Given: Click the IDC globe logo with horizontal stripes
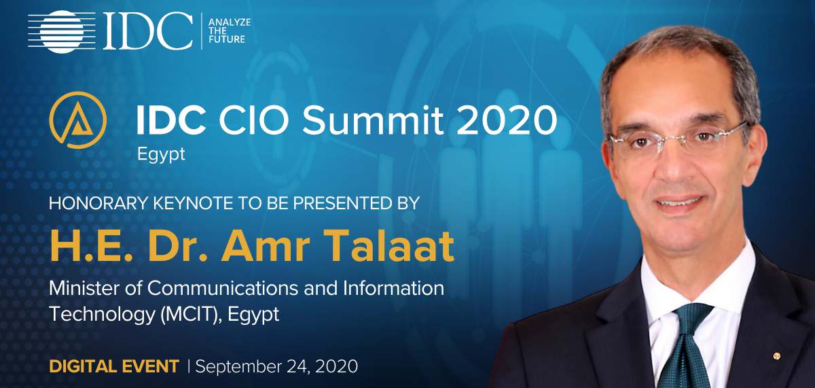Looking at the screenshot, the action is pyautogui.click(x=62, y=32).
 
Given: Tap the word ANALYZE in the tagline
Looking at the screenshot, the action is pyautogui.click(x=230, y=22).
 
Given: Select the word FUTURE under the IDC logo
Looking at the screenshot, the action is pyautogui.click(x=227, y=39).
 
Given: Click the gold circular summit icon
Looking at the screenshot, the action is pyautogui.click(x=78, y=120).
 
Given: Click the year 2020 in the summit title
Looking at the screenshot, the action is pyautogui.click(x=506, y=120).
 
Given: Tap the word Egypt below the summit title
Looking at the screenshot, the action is pyautogui.click(x=161, y=154).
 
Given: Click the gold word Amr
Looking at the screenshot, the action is pyautogui.click(x=266, y=246).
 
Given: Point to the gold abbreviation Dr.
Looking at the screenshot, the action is pyautogui.click(x=177, y=246).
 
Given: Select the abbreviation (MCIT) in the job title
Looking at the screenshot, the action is pyautogui.click(x=192, y=315).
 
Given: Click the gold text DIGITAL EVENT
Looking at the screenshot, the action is pyautogui.click(x=114, y=366).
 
